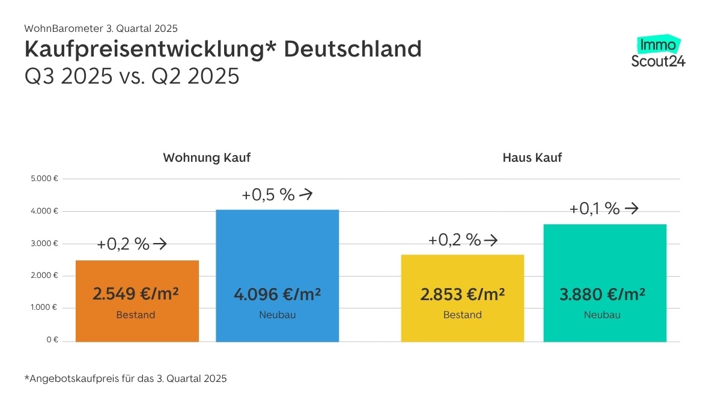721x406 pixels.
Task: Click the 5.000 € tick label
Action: pyautogui.click(x=45, y=179)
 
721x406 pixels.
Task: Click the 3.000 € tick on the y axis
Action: pyautogui.click(x=45, y=244)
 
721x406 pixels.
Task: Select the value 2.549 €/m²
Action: pyautogui.click(x=136, y=294)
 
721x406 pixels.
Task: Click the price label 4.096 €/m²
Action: pyautogui.click(x=277, y=295)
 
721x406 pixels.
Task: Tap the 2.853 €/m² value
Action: pyautogui.click(x=462, y=295)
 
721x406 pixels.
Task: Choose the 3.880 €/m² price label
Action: pyautogui.click(x=603, y=295)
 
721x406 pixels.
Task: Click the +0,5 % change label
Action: pyautogui.click(x=268, y=194)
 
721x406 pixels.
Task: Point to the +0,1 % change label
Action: pyautogui.click(x=594, y=209)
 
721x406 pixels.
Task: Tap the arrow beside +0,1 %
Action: pyautogui.click(x=631, y=209)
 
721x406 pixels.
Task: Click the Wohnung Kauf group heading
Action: pyautogui.click(x=207, y=158)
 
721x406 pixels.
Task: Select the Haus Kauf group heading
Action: pyautogui.click(x=532, y=158)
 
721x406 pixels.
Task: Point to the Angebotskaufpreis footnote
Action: pyautogui.click(x=126, y=378)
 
